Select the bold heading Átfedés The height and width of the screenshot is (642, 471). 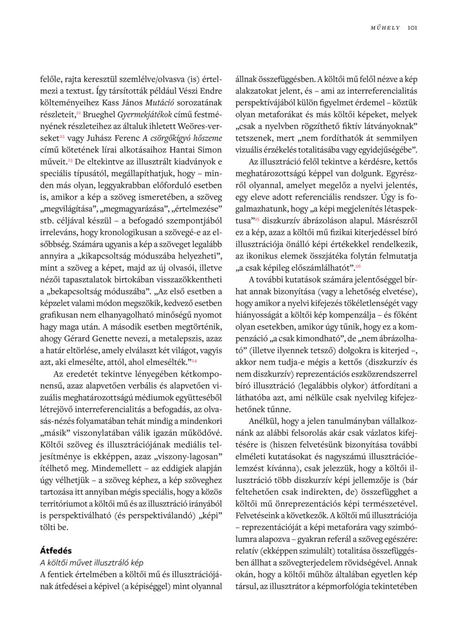[x=56, y=550]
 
